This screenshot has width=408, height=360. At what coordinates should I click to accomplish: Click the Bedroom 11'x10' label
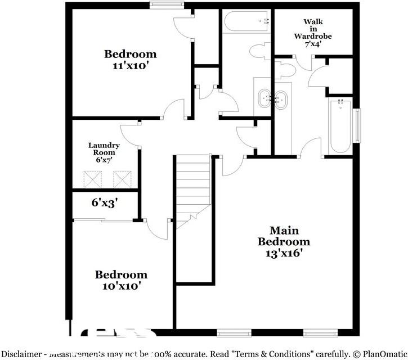130,59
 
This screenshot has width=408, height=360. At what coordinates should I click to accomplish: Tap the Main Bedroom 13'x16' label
284,241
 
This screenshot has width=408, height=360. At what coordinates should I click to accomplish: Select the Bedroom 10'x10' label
121,280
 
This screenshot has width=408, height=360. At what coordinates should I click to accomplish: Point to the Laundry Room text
104,149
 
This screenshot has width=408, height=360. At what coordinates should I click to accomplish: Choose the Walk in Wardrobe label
313,29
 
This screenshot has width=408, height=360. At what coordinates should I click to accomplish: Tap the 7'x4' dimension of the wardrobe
313,44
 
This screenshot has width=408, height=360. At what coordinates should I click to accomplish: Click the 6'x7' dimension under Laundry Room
104,160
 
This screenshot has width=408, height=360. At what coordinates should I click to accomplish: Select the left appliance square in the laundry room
91,179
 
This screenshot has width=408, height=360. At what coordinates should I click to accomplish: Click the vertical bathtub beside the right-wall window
340,125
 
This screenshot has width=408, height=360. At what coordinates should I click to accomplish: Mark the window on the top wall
167,5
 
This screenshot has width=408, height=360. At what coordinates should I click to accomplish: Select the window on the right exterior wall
357,125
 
